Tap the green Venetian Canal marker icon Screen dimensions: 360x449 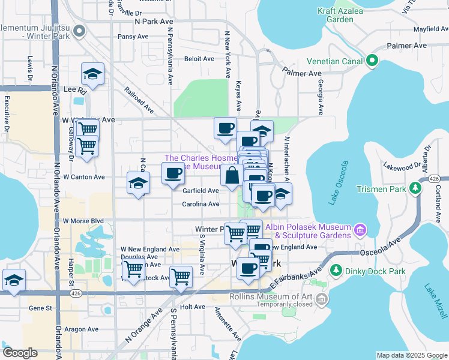[x=372, y=60]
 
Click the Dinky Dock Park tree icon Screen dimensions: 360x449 [x=336, y=271]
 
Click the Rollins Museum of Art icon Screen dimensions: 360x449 [x=323, y=299]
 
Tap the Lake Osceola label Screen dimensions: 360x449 [x=339, y=183]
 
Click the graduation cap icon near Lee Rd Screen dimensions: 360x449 [x=92, y=73]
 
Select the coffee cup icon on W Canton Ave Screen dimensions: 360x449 [x=173, y=173]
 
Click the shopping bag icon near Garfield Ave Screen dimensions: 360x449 [x=232, y=176]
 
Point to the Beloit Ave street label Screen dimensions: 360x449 [x=199, y=59]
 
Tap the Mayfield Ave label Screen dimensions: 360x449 [x=422, y=28]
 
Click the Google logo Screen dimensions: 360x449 [x=20, y=353]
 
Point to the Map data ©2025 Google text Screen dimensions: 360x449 [x=411, y=355]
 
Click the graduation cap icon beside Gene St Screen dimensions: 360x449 [x=14, y=280]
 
